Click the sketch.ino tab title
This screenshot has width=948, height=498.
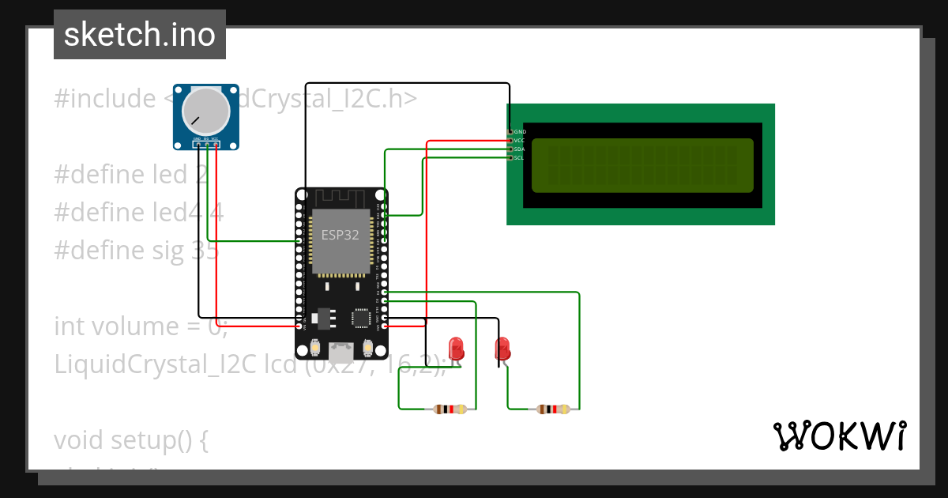click(140, 35)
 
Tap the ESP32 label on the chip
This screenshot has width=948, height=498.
click(340, 234)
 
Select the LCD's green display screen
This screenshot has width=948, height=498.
click(642, 165)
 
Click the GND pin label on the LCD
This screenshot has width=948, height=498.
click(519, 131)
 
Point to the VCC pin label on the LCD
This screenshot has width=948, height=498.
click(519, 140)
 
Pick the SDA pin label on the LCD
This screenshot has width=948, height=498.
click(519, 149)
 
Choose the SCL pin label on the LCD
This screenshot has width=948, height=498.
click(519, 157)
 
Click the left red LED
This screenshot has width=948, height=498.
click(456, 348)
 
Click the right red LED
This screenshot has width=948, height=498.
click(502, 349)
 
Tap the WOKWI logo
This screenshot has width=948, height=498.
click(839, 436)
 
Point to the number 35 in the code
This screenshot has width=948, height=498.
click(205, 251)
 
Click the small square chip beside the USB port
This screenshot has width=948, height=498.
click(361, 318)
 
